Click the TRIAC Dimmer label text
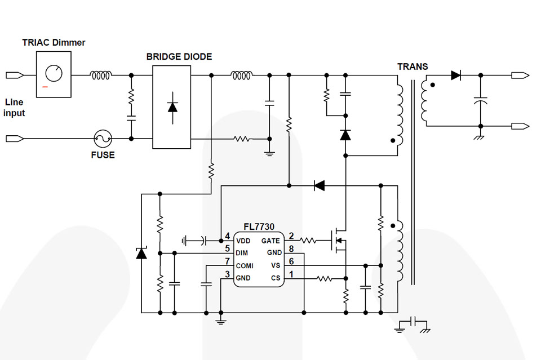(x=54, y=42)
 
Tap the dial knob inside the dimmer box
(x=54, y=73)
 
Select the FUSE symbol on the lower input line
(x=102, y=137)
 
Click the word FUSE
(x=103, y=155)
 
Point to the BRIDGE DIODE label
(x=179, y=56)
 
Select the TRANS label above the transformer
(x=413, y=66)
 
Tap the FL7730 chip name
(x=259, y=227)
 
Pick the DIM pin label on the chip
(x=242, y=253)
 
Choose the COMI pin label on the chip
(x=245, y=265)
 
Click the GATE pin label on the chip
(x=270, y=241)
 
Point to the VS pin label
(x=276, y=265)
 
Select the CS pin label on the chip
(x=276, y=278)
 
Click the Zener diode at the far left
(x=141, y=254)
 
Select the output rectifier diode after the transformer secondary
(x=455, y=75)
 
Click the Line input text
(x=15, y=108)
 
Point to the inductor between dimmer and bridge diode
(x=101, y=75)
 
